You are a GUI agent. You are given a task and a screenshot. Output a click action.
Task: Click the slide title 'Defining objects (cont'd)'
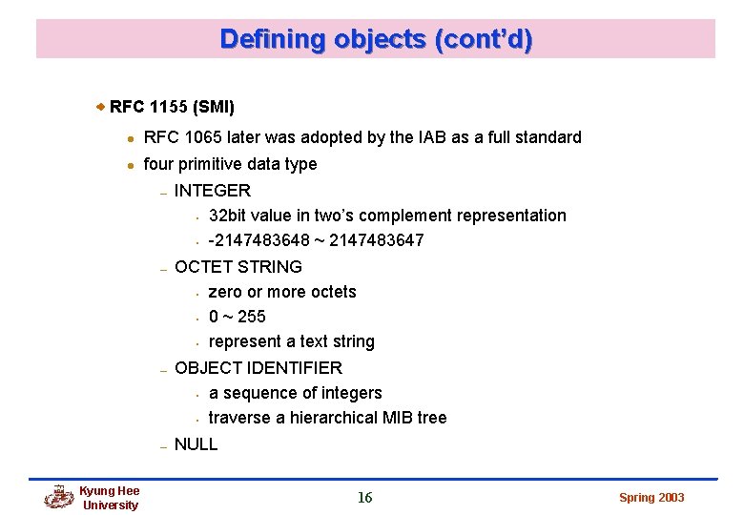[376, 39]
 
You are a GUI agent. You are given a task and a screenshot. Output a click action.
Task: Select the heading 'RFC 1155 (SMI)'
[172, 106]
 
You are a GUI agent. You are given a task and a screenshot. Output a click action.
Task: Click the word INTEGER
[213, 191]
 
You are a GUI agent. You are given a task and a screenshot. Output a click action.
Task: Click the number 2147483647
[377, 240]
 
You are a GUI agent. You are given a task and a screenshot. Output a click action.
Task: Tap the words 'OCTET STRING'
[238, 267]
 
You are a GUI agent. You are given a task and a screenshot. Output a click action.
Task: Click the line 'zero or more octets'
[282, 292]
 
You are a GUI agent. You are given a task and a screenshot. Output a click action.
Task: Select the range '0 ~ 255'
[238, 317]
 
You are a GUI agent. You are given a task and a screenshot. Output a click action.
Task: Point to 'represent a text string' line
[291, 341]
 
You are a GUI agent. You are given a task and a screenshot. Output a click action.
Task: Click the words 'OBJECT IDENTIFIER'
[258, 368]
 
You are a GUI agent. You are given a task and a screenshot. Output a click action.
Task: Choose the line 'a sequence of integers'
[295, 393]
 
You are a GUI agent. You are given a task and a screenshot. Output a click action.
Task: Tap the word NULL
[196, 444]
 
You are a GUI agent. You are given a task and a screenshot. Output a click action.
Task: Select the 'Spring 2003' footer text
[651, 498]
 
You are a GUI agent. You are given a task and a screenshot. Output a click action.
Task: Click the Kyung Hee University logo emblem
[59, 497]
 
